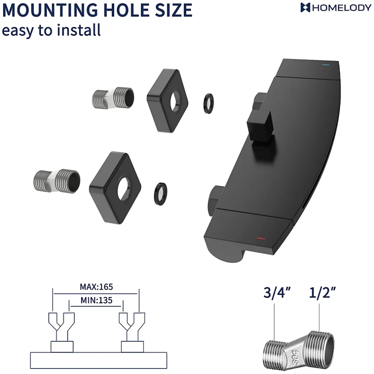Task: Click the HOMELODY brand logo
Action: [336, 8]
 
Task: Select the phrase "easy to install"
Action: [51, 30]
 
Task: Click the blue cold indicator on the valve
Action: [325, 64]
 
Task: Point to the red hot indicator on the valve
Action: [261, 238]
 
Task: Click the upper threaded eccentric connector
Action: [113, 98]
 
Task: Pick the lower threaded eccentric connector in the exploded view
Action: [57, 181]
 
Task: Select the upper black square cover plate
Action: [168, 100]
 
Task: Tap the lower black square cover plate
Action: [115, 187]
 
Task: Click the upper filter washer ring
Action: [208, 103]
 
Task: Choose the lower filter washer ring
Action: [160, 194]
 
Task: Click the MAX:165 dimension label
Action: [96, 286]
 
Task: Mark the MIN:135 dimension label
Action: [96, 300]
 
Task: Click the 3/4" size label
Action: [277, 292]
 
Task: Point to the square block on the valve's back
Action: [261, 127]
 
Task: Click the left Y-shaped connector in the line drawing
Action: [62, 327]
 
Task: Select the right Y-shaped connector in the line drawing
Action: [132, 327]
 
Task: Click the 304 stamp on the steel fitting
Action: [296, 357]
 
